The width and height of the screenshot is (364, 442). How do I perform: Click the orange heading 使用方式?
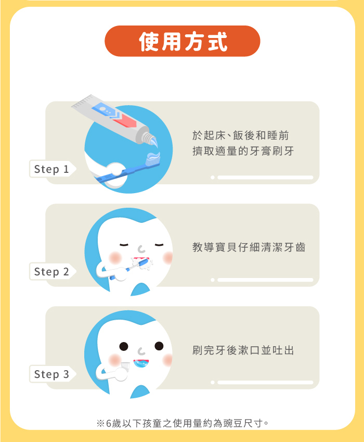pos(183,41)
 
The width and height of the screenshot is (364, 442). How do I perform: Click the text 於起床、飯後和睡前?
pos(241,135)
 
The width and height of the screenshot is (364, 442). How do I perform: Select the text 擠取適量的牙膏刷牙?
pos(243,151)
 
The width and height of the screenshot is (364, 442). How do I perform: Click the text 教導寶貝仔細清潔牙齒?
pos(249,247)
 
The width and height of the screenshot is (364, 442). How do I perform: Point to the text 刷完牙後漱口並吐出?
pos(243,350)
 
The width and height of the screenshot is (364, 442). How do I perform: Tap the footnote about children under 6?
pos(183,423)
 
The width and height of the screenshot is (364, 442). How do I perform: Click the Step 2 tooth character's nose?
pos(141,249)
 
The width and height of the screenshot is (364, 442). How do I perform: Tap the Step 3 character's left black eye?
pos(124,346)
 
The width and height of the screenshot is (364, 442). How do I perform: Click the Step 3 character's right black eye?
pos(159,346)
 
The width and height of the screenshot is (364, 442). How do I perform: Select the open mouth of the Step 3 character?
pos(141,363)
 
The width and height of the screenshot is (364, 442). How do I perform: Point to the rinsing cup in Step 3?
pos(125,366)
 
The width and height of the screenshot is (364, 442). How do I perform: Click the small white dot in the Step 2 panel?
pos(213,280)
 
